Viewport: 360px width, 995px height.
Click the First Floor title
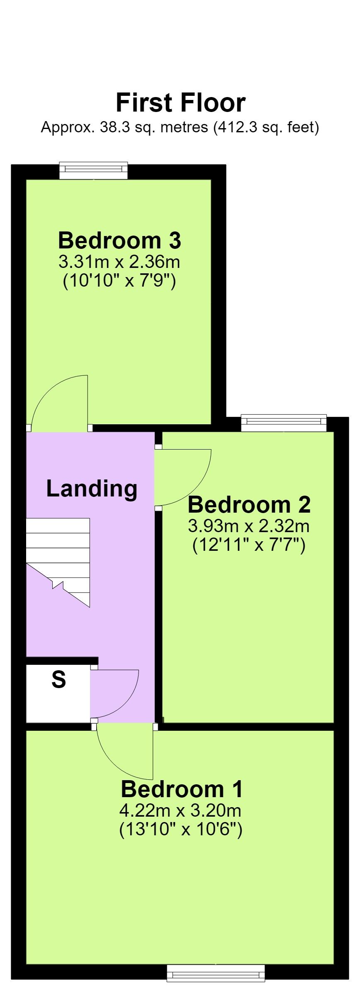(180, 103)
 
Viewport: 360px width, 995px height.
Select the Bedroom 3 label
(119, 240)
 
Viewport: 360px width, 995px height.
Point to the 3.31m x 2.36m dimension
(119, 262)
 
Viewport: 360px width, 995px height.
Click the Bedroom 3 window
(93, 170)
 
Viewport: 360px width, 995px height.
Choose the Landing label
(92, 488)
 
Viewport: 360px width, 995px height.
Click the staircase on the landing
(58, 562)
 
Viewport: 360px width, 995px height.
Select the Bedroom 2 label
(249, 504)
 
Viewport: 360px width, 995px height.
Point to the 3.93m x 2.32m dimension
(249, 526)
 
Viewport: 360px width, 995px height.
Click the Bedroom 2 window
(284, 423)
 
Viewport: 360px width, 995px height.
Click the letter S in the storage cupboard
(59, 680)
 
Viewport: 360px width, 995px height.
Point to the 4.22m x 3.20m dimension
(180, 810)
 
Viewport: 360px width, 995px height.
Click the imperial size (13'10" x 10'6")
(181, 830)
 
